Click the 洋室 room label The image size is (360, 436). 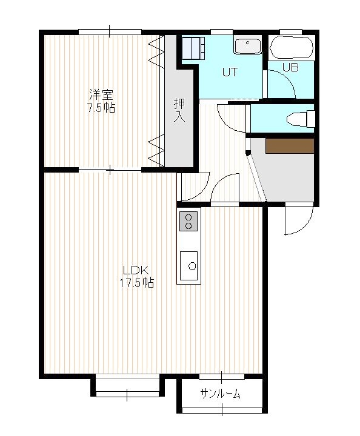pyautogui.click(x=101, y=95)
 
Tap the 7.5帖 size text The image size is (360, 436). pyautogui.click(x=101, y=108)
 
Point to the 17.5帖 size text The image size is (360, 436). pyautogui.click(x=136, y=283)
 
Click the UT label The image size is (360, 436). pyautogui.click(x=230, y=72)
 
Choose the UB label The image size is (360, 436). pyautogui.click(x=291, y=67)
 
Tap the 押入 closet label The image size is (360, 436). pyautogui.click(x=179, y=110)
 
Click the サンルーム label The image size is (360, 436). pyautogui.click(x=221, y=394)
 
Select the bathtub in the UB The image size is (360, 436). pyautogui.click(x=292, y=48)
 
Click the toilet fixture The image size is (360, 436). pyautogui.click(x=301, y=119)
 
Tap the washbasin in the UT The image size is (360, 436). pyautogui.click(x=247, y=46)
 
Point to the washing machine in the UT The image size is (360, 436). pyautogui.click(x=193, y=48)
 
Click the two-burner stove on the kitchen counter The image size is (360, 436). pyautogui.click(x=188, y=222)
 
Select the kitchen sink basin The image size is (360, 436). pyautogui.click(x=188, y=266)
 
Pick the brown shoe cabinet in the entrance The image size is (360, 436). pyautogui.click(x=290, y=146)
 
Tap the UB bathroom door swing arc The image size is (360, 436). pyautogui.click(x=288, y=78)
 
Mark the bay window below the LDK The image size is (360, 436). pyautogui.click(x=127, y=386)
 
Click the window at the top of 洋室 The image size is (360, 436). pyautogui.click(x=110, y=32)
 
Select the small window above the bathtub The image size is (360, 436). pyautogui.click(x=291, y=31)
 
